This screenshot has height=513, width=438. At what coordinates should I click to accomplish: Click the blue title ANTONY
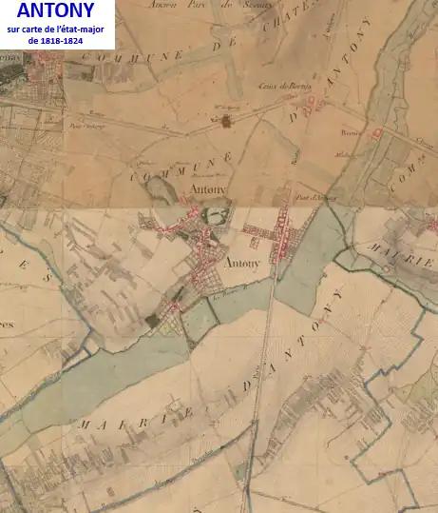[55, 12]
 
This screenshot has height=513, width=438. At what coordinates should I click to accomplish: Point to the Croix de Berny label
[278, 86]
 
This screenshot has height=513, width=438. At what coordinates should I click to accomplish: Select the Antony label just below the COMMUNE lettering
[207, 189]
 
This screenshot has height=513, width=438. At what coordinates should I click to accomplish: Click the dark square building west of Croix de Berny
[226, 121]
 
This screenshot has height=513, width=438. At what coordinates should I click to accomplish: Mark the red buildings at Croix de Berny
[315, 100]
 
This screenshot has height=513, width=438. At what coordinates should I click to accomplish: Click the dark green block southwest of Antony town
[152, 321]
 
